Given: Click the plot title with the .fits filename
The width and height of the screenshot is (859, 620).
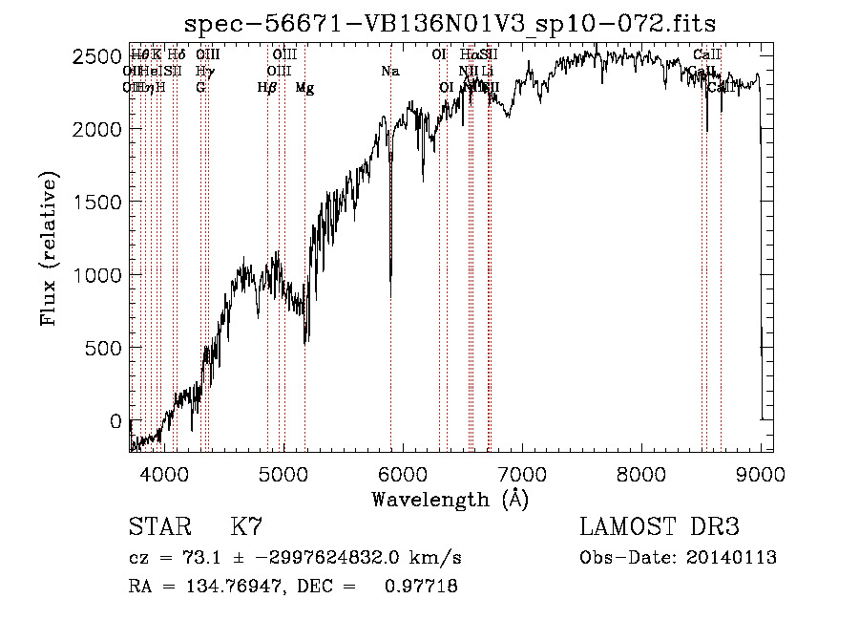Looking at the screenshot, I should [x=450, y=24].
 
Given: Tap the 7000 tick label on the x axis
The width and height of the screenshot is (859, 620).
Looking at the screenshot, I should [x=522, y=473].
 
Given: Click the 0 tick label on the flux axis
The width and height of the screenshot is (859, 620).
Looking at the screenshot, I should [x=115, y=421].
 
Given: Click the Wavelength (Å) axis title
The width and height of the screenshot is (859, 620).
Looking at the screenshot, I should [x=450, y=498].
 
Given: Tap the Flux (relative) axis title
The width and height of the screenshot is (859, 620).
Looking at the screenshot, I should [x=50, y=248].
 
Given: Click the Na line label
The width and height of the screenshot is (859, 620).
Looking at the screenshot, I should [x=389, y=71].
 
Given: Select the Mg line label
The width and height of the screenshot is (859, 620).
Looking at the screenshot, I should [x=304, y=88].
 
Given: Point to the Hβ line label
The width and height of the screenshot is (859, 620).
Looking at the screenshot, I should [x=267, y=88].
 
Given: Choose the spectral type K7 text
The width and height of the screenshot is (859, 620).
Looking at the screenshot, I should [x=246, y=526].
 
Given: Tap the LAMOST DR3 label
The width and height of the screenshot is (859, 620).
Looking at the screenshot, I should [x=660, y=526].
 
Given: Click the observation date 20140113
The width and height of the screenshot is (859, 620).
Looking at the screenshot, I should [x=732, y=558].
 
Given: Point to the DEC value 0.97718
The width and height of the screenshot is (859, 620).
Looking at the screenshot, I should [x=420, y=587].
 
